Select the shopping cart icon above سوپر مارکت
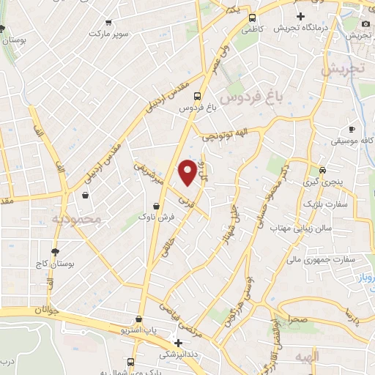108,23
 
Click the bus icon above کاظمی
252,18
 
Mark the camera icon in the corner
365,23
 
